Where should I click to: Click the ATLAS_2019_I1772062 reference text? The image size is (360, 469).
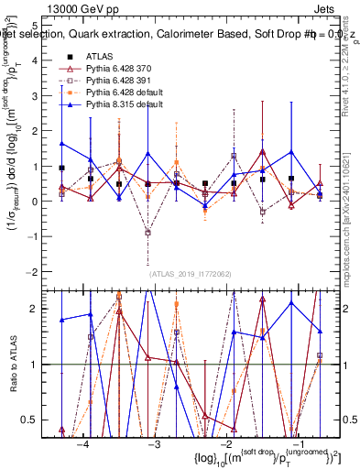[191, 273]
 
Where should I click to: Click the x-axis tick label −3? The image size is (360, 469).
[155, 443]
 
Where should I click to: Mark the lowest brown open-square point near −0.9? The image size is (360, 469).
[147, 233]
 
